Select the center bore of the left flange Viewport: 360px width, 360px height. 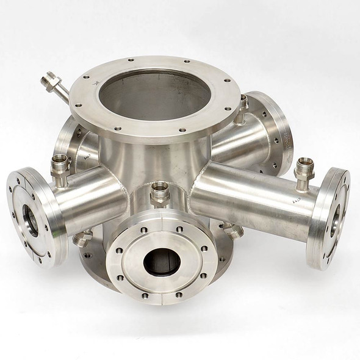30,217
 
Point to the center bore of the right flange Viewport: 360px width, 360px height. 334,220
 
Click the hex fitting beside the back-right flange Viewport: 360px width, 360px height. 243,107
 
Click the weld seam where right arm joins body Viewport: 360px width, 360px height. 196,183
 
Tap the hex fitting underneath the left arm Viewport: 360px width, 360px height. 82,239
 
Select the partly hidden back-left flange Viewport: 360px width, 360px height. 66,140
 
